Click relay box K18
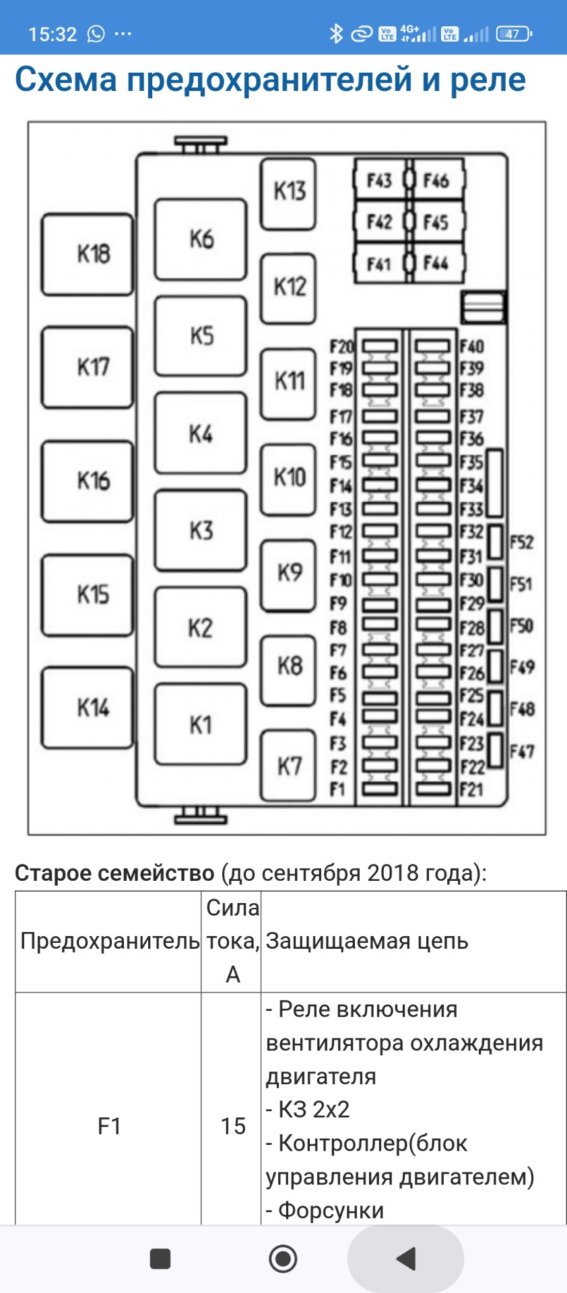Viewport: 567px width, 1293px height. [x=88, y=254]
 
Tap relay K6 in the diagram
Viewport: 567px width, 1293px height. [x=201, y=239]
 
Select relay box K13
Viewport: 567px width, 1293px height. [x=288, y=192]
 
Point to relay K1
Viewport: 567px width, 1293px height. [x=201, y=725]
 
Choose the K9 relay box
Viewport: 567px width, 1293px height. [x=288, y=573]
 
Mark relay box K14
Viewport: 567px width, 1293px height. [x=88, y=708]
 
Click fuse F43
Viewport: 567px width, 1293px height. [x=379, y=180]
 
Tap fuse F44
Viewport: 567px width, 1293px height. [x=436, y=263]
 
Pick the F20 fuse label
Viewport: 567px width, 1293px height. [x=341, y=347]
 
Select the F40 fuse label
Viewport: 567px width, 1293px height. [x=471, y=347]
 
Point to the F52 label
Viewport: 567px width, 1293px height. [x=521, y=543]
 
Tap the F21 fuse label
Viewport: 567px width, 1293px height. [x=471, y=789]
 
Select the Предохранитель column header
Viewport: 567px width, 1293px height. [x=109, y=941]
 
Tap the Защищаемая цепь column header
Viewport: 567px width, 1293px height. [x=367, y=941]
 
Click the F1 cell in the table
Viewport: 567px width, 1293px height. [x=109, y=1126]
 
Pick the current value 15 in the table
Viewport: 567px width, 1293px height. [x=233, y=1126]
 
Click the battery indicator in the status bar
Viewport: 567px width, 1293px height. [x=514, y=34]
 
